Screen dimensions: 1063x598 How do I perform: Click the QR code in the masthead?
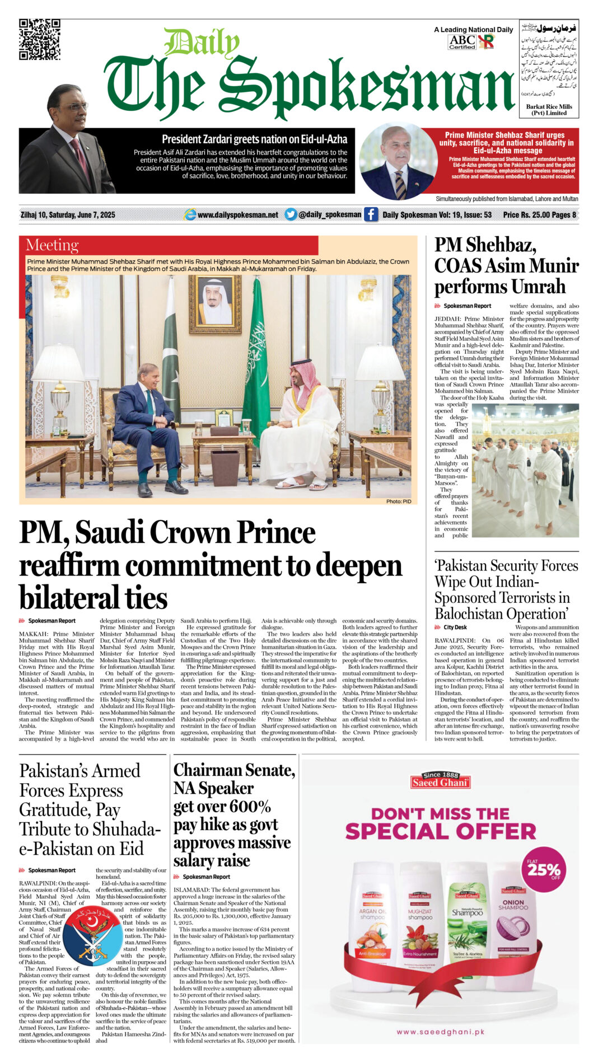(x=39, y=39)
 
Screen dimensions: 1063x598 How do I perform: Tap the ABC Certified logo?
(x=462, y=41)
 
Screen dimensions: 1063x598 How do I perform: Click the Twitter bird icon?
(x=290, y=214)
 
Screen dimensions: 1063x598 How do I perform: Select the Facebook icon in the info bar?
(x=371, y=214)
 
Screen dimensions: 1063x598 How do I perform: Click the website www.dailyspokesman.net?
(x=237, y=215)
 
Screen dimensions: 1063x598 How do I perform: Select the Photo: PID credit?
(x=398, y=501)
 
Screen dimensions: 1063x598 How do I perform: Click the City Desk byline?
(x=455, y=628)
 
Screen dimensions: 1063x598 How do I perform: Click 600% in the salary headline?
(x=247, y=807)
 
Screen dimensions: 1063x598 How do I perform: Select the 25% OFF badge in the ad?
(x=543, y=870)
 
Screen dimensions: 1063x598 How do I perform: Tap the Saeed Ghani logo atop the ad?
(x=440, y=780)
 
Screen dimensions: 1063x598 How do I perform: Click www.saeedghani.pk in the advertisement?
(x=440, y=1032)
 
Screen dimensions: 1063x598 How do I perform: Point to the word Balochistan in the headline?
(x=479, y=614)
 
